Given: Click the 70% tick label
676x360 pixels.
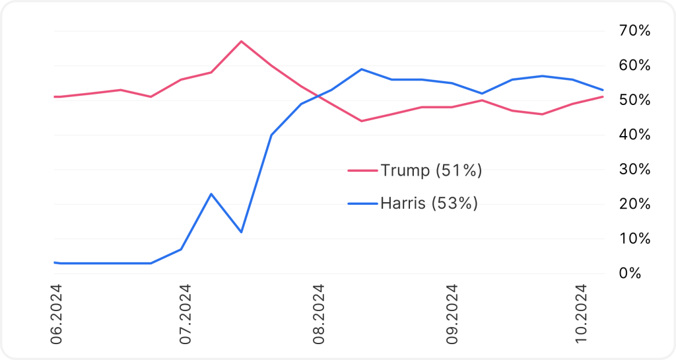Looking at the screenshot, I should pos(634,31).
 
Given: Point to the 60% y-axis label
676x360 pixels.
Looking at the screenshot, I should pos(634,65).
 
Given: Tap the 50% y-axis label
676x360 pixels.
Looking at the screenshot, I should pos(634,100).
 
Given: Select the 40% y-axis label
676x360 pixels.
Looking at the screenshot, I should pos(634,135).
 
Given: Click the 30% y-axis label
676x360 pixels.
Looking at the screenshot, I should pos(634,170).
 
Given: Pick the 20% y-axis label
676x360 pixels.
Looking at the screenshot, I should pos(634,204).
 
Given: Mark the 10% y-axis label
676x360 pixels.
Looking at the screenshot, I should pos(634,238).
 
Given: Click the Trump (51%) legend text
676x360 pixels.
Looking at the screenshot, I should pos(431,171).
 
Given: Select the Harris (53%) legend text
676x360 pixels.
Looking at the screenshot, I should pos(428,203).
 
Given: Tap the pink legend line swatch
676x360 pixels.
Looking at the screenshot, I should pos(362,171).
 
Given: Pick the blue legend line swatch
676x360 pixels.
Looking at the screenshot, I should pos(362,203).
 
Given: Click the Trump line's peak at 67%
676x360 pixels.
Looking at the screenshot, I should pos(241,42).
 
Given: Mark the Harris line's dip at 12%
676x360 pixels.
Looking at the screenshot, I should pos(241,232).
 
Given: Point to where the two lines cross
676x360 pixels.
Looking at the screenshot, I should pos(318,97).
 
